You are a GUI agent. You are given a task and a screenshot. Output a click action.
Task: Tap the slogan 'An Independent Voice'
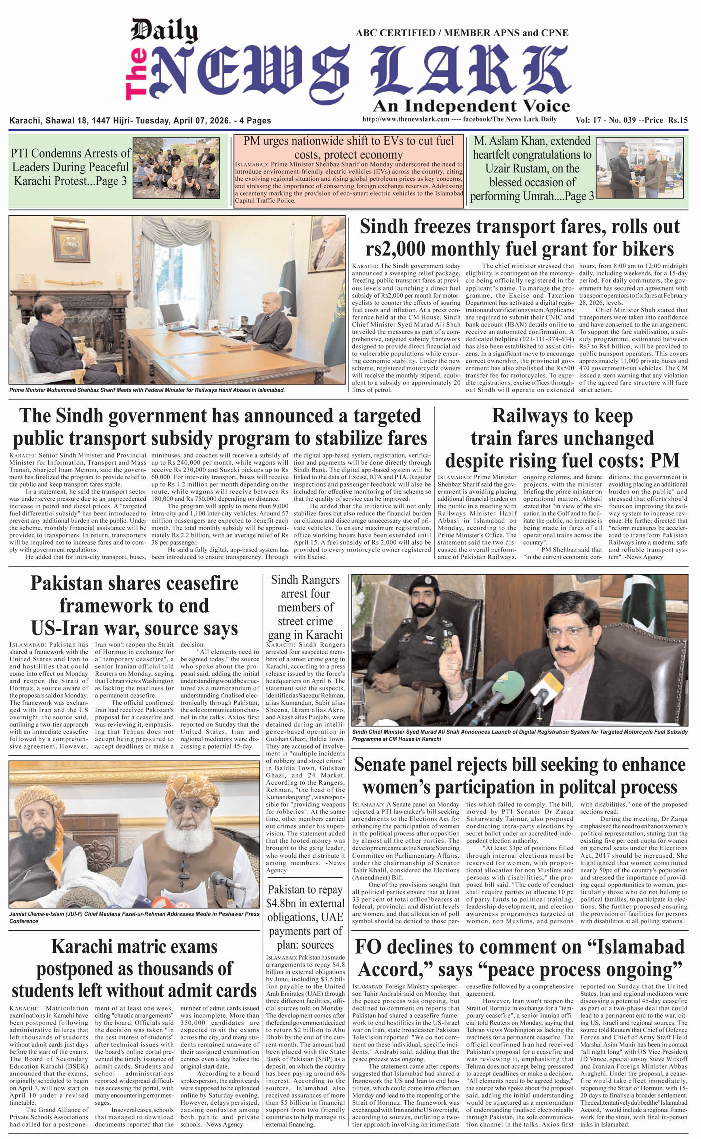[471, 106]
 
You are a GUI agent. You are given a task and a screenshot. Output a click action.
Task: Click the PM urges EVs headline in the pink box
[348, 148]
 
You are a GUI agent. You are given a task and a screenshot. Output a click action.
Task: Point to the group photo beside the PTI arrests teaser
[176, 168]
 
